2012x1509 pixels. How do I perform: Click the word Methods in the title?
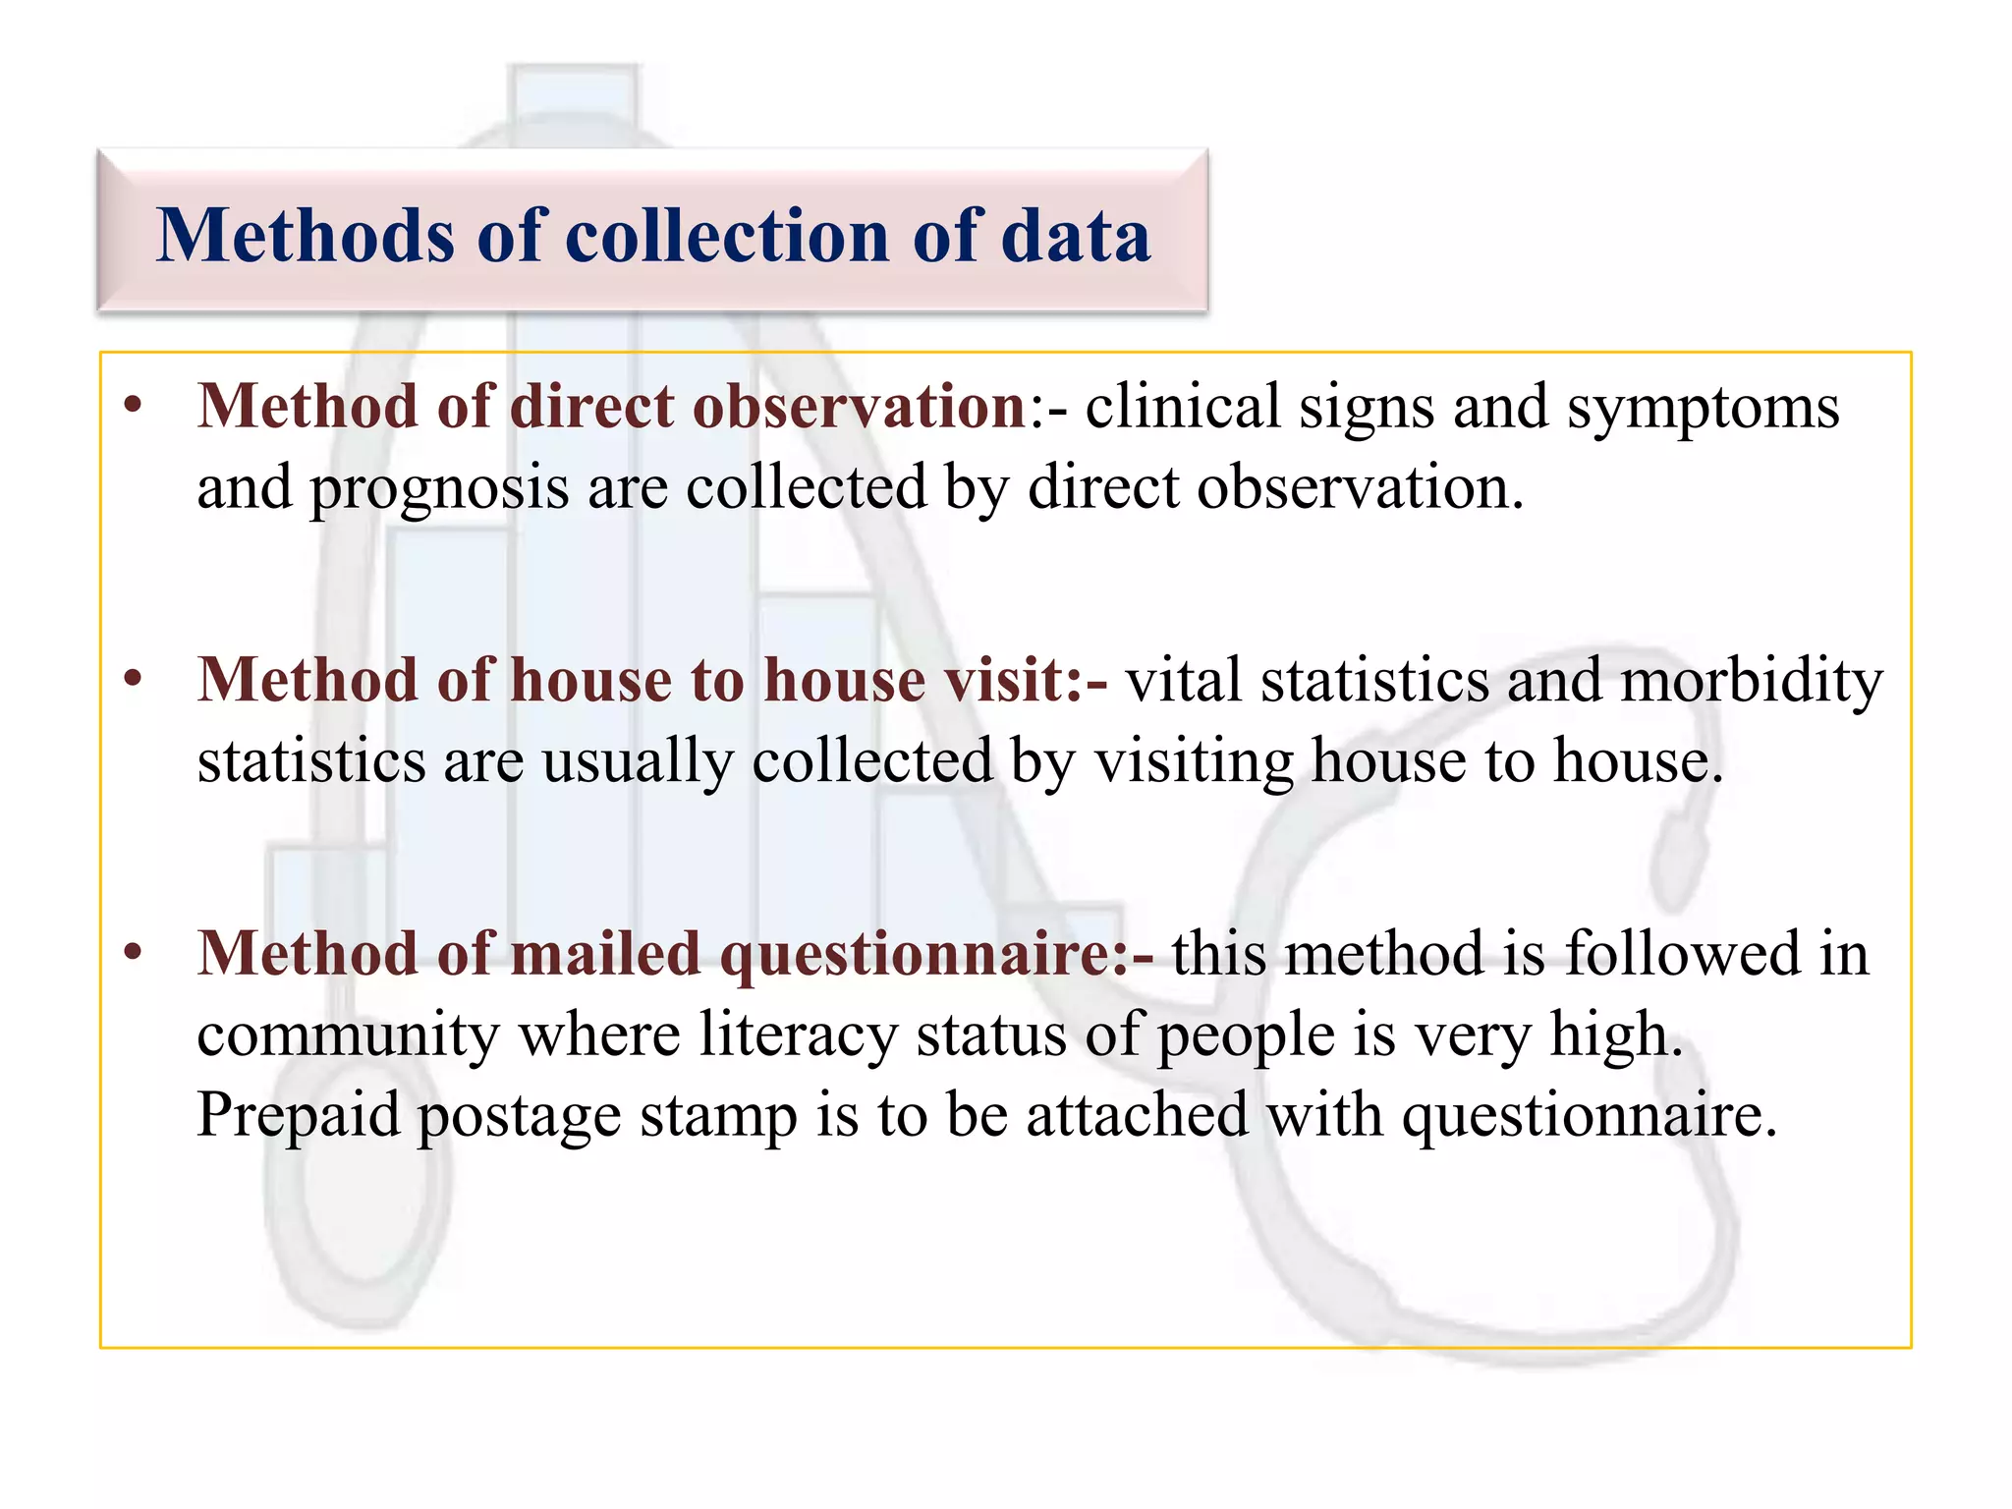click(x=305, y=236)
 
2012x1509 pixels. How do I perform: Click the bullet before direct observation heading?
click(x=134, y=406)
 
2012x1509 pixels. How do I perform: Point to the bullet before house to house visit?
click(x=134, y=680)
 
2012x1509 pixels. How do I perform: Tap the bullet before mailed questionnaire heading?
click(x=134, y=953)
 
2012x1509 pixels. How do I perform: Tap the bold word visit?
click(x=1012, y=680)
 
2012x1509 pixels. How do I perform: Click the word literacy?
click(x=799, y=1035)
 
